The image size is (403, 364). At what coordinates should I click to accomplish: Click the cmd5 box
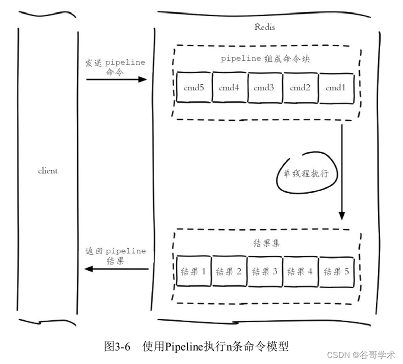[194, 88]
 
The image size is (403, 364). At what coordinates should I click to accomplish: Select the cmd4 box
[229, 88]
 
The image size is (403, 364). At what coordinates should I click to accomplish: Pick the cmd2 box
[300, 88]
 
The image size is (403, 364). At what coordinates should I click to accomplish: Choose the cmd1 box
[336, 88]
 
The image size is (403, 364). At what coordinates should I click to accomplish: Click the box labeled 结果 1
[194, 272]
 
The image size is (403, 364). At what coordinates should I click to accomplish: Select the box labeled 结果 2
[229, 272]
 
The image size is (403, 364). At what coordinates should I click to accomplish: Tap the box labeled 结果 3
[265, 272]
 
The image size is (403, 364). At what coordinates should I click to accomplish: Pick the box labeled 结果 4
[300, 272]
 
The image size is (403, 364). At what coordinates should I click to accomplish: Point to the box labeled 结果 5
[336, 272]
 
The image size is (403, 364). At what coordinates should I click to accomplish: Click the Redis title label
[264, 27]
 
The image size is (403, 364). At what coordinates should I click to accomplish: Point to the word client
[48, 171]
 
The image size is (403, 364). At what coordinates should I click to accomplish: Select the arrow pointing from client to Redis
[116, 79]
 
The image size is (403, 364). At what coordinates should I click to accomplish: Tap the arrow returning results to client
[116, 269]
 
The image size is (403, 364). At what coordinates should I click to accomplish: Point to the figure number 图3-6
[117, 346]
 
